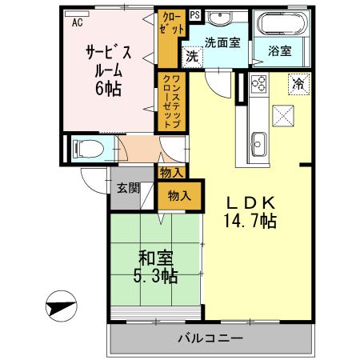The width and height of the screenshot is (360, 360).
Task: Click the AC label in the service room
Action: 78,23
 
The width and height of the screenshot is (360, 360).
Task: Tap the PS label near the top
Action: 194,15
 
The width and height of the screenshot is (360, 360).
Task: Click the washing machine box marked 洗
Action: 192,57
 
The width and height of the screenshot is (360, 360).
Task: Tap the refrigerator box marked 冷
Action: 298,83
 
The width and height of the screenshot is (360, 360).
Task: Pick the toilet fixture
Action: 86,148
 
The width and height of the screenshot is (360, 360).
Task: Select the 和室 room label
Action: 155,258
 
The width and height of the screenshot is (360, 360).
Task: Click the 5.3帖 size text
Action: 155,277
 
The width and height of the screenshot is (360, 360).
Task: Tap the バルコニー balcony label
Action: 210,338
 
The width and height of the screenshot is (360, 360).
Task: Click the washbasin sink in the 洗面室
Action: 222,20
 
